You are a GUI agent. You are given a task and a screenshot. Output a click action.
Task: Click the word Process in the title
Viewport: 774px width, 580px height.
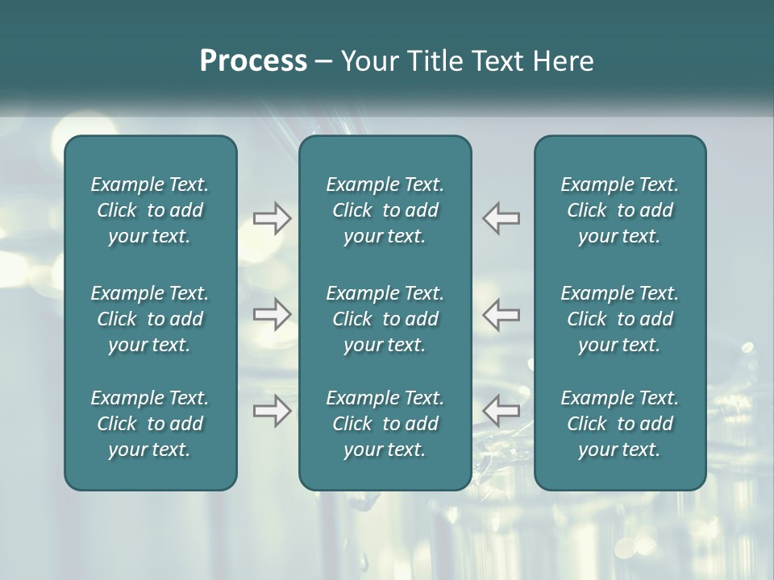253,61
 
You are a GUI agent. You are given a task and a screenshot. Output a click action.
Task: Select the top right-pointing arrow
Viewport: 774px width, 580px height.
272,218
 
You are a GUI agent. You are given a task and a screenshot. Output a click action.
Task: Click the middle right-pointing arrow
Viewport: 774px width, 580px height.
272,314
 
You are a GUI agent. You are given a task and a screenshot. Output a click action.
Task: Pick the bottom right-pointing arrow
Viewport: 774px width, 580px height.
272,411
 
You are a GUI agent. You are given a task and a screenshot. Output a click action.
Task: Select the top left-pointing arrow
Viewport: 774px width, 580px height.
501,218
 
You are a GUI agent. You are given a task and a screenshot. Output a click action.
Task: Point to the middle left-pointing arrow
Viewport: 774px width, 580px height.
501,314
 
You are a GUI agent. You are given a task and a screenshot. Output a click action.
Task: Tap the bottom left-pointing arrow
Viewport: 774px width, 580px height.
501,411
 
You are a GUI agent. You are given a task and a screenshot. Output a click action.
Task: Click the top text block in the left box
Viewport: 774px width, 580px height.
150,210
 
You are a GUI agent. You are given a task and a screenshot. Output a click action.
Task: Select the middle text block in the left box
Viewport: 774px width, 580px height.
150,319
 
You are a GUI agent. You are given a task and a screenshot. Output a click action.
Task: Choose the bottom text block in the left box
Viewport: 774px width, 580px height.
150,424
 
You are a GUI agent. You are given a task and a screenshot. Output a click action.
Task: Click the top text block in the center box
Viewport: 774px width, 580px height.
385,210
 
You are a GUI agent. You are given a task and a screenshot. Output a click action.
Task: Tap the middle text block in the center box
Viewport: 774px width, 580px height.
385,319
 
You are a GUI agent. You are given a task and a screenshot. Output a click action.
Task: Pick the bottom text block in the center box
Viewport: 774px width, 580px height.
385,424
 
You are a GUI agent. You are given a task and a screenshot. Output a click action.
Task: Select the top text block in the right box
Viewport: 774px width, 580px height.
620,210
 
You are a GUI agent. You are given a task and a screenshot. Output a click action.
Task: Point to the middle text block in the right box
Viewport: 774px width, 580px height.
620,319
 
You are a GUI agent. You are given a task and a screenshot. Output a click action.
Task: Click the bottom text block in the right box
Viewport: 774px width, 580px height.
620,424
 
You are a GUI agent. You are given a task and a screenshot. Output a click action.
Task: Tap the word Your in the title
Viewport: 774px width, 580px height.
367,61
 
